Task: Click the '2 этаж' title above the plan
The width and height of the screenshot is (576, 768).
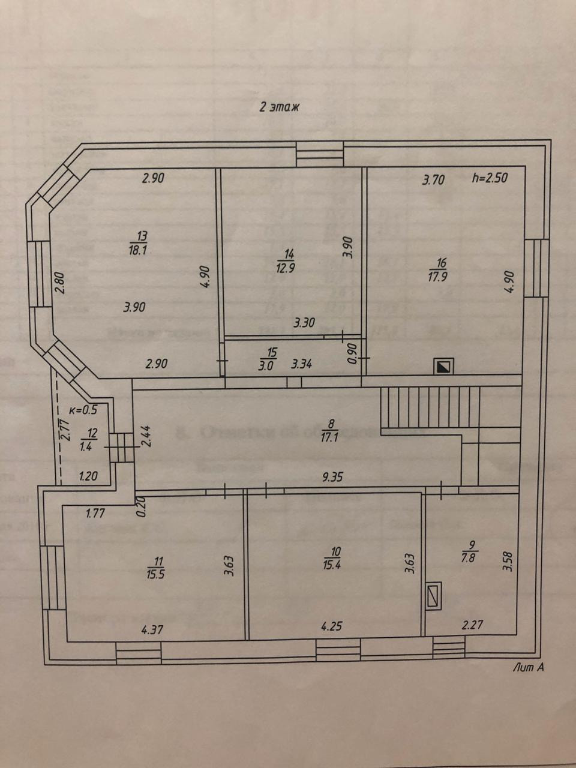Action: (278, 107)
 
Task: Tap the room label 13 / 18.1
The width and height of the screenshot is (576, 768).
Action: (137, 244)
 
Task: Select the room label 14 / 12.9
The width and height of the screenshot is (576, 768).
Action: (287, 262)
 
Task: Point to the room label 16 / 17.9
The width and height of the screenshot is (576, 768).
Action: (442, 268)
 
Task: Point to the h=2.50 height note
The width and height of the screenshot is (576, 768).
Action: (491, 178)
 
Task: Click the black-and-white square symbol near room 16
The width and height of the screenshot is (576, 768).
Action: (445, 367)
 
